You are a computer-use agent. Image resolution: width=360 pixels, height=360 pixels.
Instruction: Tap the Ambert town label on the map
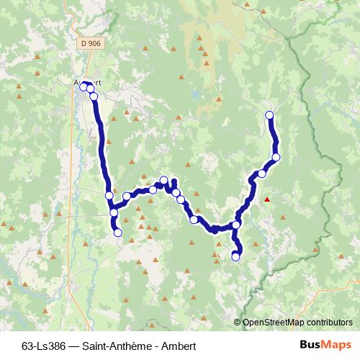87,81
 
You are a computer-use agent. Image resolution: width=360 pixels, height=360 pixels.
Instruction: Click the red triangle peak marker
267,199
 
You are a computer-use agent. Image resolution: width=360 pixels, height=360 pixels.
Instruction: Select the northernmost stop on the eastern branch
270,115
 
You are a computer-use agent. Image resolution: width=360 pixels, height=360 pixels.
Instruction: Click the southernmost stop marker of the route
235,256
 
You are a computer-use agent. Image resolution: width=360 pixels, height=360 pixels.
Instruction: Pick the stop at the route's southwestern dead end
117,233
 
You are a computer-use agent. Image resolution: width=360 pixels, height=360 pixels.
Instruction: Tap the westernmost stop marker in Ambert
83,86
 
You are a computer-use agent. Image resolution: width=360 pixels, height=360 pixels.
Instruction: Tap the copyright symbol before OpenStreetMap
238,323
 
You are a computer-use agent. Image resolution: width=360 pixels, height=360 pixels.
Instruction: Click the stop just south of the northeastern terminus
276,157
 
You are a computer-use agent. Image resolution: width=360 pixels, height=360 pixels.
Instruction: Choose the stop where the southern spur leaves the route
236,225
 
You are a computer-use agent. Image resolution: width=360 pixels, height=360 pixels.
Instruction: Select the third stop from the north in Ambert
94,96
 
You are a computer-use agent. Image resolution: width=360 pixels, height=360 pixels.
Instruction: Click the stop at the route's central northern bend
163,180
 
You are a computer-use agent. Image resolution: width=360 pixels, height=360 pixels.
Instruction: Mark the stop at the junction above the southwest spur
114,212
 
